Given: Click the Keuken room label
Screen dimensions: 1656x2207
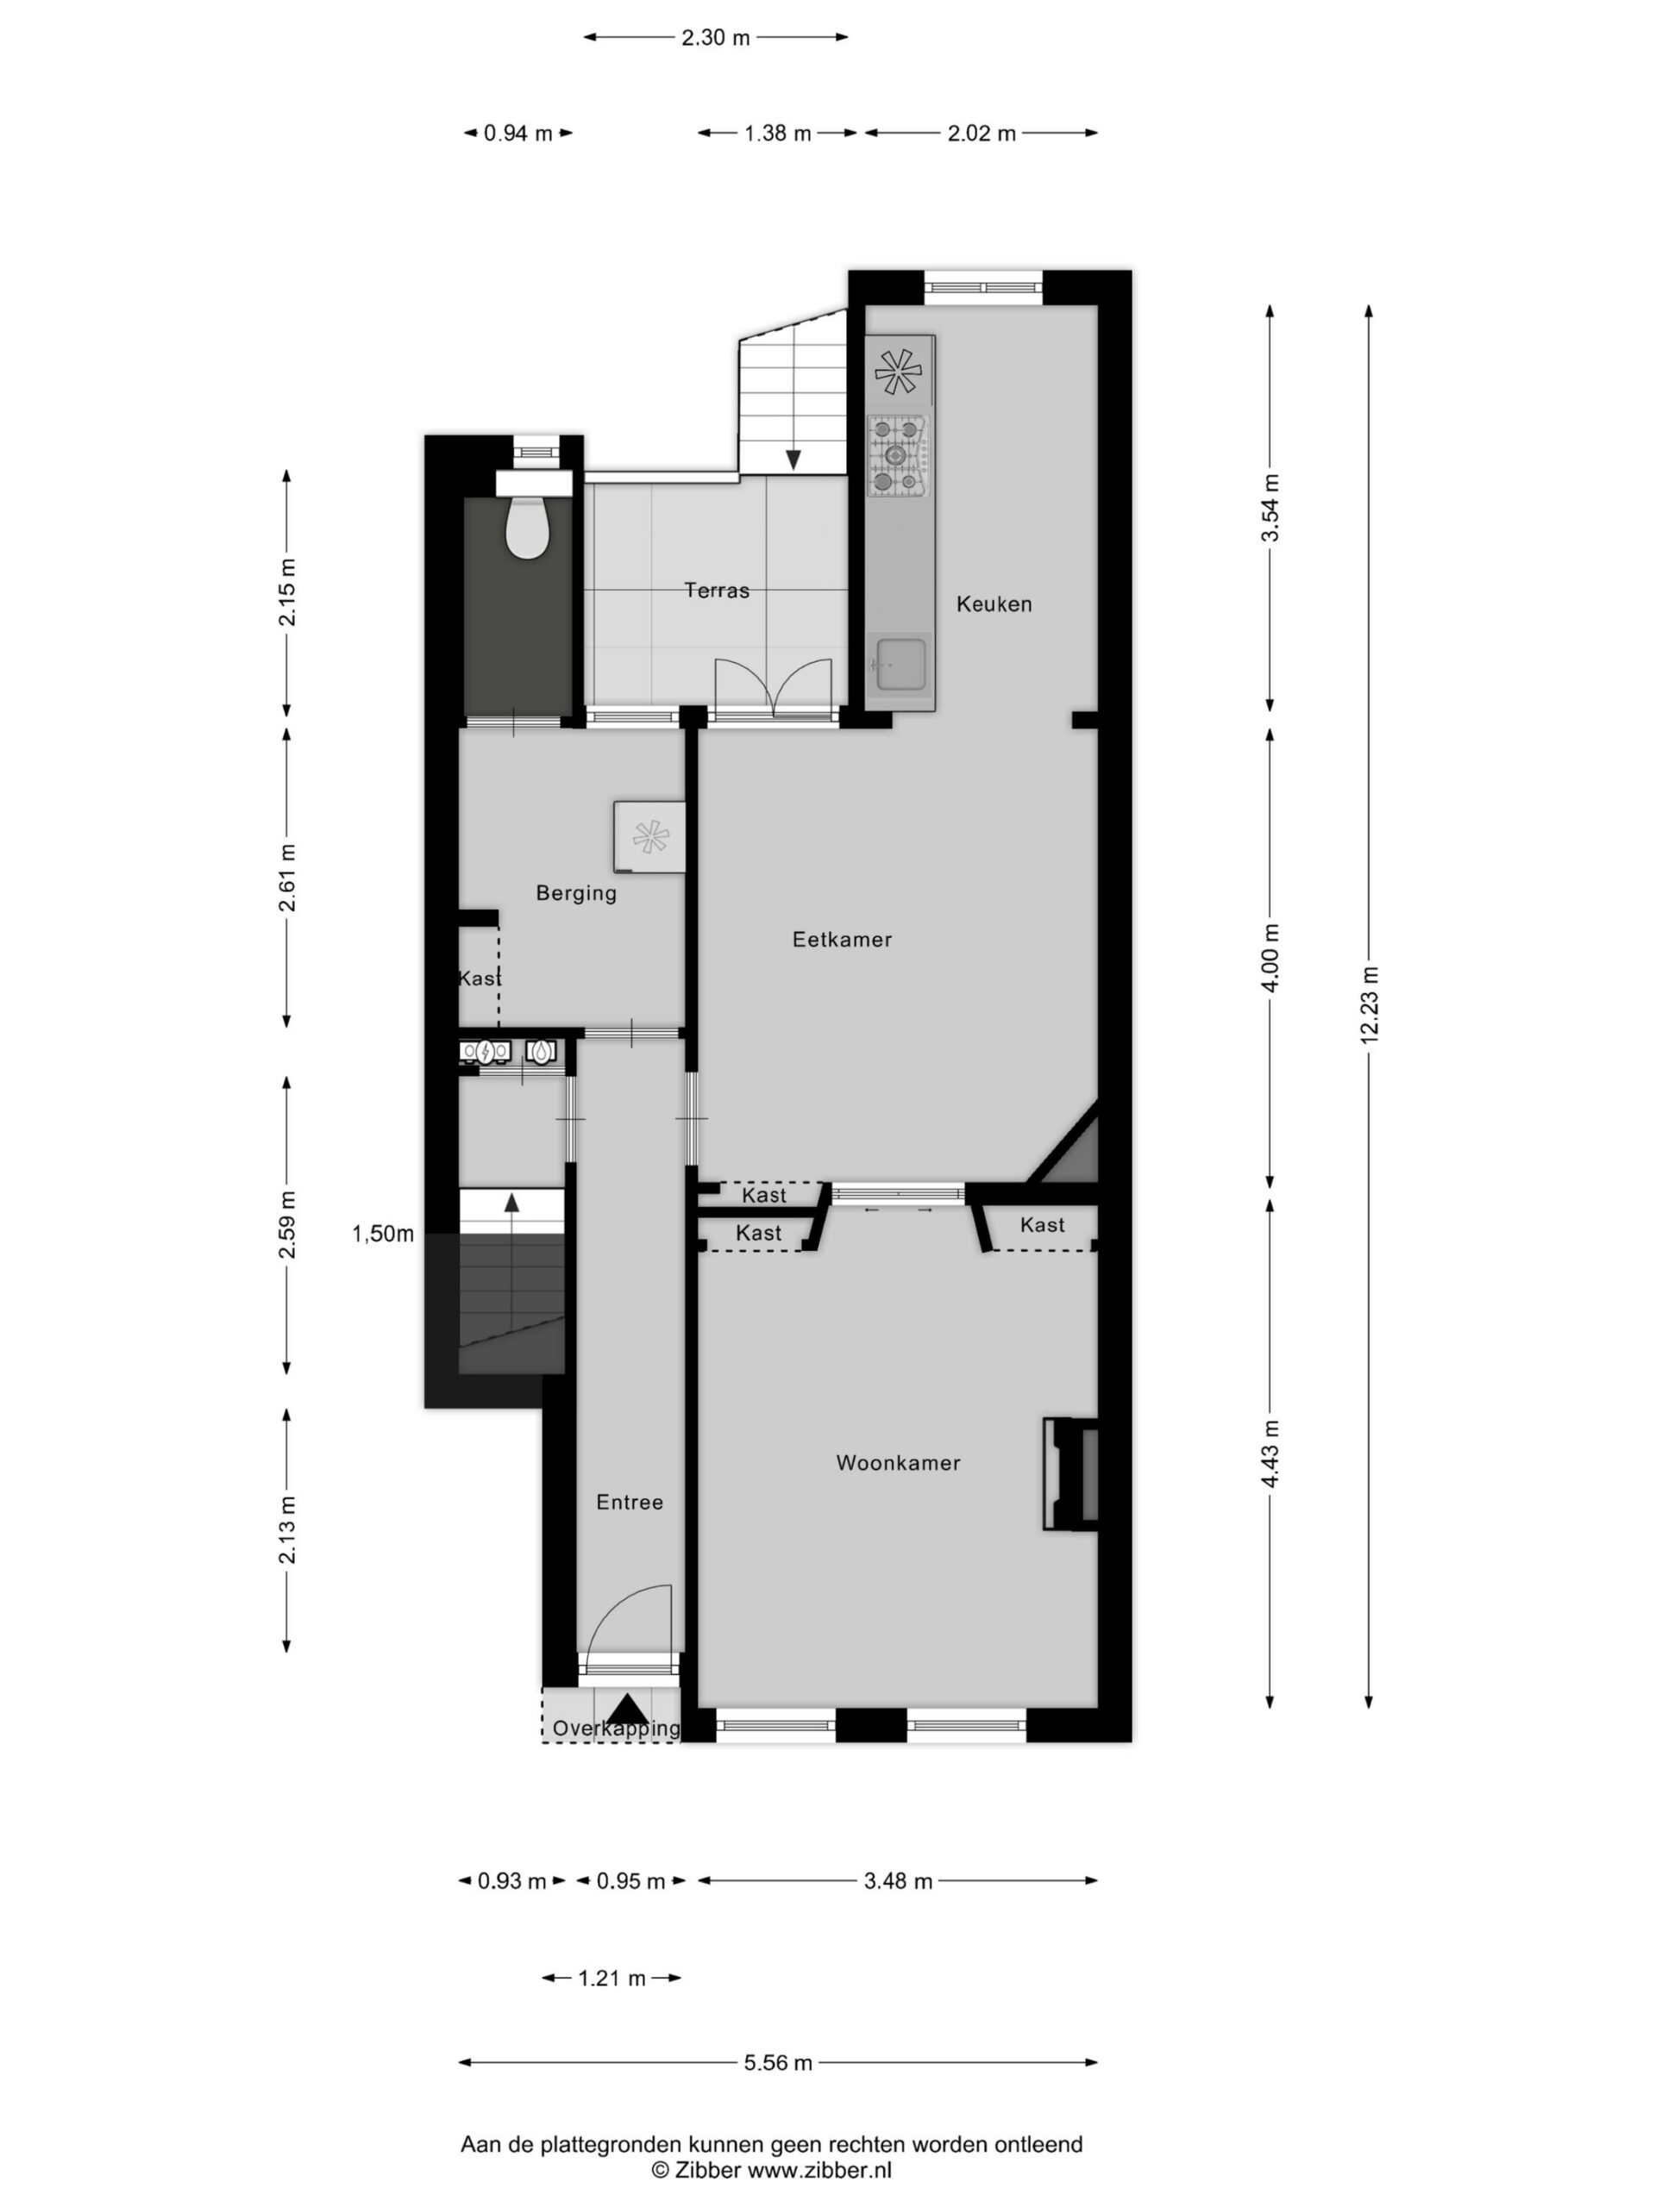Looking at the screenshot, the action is click(x=994, y=603).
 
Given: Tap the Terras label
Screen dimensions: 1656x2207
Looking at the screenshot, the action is click(x=717, y=591).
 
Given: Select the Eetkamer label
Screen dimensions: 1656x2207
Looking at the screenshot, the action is click(x=842, y=939).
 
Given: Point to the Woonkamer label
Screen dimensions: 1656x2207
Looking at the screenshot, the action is click(x=897, y=1463).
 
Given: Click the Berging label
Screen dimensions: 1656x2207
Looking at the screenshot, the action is click(x=576, y=893).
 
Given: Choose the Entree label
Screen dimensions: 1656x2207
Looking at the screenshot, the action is click(x=629, y=1502).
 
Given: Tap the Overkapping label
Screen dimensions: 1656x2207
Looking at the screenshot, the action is click(x=616, y=1728).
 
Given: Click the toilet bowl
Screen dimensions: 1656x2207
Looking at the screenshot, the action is click(x=527, y=528).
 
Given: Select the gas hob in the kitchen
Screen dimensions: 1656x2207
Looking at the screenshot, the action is click(x=897, y=456).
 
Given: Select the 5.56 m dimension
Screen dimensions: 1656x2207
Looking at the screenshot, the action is click(x=778, y=2062).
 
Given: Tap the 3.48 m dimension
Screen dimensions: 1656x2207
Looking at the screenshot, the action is click(x=897, y=1881).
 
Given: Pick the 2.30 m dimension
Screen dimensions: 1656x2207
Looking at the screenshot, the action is click(x=715, y=38).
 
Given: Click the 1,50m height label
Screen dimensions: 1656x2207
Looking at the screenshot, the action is click(x=382, y=1235).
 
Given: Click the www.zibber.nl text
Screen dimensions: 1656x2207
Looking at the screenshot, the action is click(x=819, y=2170).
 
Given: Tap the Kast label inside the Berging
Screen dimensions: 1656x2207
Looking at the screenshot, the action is click(x=480, y=978).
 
